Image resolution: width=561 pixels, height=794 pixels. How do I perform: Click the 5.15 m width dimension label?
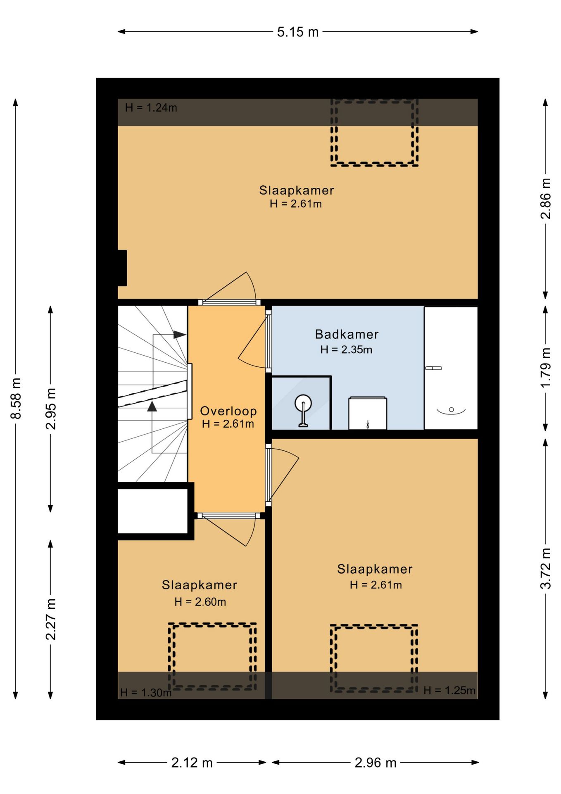[x=298, y=32]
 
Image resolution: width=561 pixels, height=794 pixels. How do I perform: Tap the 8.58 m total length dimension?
[x=16, y=398]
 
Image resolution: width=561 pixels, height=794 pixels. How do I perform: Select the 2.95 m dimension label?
[x=51, y=409]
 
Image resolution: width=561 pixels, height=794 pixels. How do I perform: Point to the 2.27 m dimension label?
[x=51, y=619]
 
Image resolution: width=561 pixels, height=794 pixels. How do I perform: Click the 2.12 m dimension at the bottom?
[x=192, y=763]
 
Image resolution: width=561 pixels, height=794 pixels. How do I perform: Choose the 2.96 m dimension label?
[x=376, y=763]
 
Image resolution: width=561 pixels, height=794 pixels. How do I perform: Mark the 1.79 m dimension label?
[x=546, y=368]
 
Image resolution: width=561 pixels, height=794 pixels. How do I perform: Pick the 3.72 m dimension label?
[x=546, y=568]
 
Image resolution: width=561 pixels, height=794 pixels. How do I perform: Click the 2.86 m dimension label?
[x=546, y=198]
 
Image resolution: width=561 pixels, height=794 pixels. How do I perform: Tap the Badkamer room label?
[x=347, y=334]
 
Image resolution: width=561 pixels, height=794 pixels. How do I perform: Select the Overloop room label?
[x=228, y=411]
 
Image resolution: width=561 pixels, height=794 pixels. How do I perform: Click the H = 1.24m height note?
[x=151, y=108]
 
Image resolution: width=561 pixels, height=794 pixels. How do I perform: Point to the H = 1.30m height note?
[x=146, y=693]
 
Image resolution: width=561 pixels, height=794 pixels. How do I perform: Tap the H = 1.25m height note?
[x=449, y=690]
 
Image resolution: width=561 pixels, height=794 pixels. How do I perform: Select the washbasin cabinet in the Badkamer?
[x=368, y=413]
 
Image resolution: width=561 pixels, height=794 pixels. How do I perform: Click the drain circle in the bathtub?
[x=451, y=409]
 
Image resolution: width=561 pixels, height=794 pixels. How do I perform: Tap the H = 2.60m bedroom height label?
[x=200, y=602]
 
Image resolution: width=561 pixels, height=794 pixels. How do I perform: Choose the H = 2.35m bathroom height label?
[x=346, y=349]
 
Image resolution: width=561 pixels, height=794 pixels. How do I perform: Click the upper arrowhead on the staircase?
[x=180, y=335]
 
